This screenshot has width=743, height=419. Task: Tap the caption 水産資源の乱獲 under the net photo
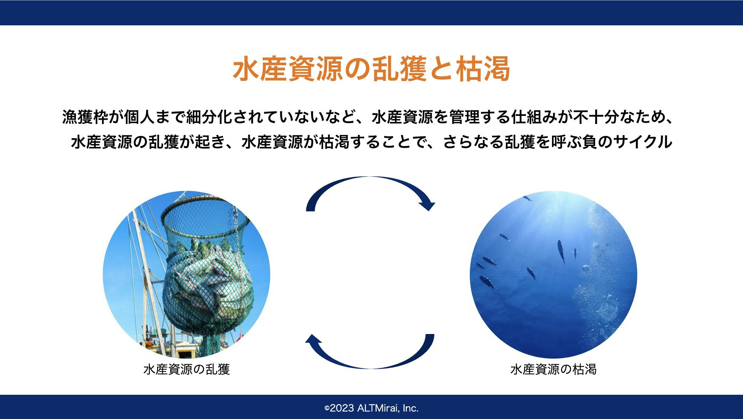pos(186,369)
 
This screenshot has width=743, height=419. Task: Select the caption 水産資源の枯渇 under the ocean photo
pos(554,369)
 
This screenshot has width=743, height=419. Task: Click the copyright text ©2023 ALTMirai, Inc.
pos(371,408)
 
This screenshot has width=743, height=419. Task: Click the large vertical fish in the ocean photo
pos(561,252)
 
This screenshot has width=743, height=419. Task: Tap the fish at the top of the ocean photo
pos(527,198)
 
